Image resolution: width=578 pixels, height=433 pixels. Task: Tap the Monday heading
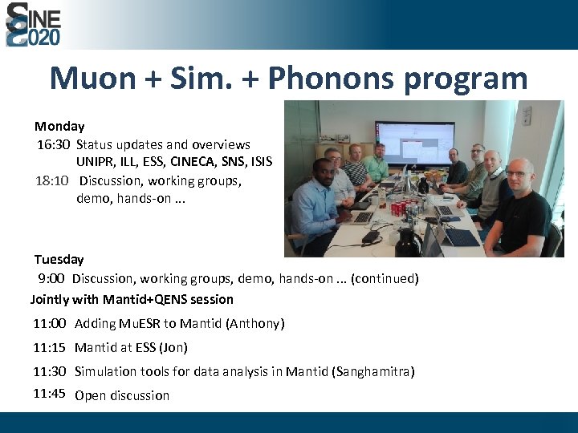click(x=59, y=126)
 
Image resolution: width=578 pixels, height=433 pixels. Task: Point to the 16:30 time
click(x=53, y=144)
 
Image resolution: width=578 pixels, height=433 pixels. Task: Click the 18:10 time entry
click(x=53, y=180)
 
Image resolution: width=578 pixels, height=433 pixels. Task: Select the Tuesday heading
click(x=59, y=259)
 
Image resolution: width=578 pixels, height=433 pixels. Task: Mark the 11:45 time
click(x=49, y=393)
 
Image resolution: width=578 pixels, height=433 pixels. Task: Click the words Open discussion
click(x=122, y=395)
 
